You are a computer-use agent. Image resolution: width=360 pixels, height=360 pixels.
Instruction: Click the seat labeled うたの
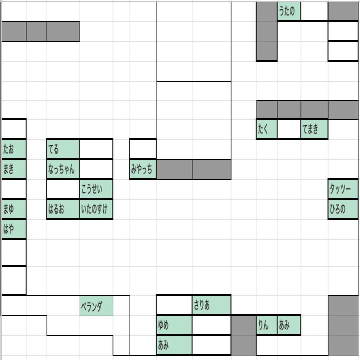[289, 11]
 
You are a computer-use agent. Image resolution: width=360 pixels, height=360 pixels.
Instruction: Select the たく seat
[267, 129]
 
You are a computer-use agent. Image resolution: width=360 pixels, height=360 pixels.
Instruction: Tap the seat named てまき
[314, 129]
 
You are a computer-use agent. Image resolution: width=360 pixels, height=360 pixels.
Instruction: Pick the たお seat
[14, 149]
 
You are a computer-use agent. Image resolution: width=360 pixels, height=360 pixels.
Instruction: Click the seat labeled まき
[14, 169]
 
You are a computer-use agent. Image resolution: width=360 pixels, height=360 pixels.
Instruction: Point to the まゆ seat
[14, 209]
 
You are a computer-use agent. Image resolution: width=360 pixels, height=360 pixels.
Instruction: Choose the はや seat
[14, 229]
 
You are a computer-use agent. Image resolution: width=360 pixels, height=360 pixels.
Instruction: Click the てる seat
[63, 149]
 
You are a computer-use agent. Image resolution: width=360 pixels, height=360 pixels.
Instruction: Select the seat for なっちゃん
[63, 169]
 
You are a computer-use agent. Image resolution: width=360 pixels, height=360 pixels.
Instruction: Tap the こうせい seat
[96, 189]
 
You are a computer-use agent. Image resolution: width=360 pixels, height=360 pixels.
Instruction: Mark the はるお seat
[63, 209]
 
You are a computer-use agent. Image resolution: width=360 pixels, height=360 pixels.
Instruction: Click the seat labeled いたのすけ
[96, 209]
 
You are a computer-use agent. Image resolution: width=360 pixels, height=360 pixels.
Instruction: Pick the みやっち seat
[143, 169]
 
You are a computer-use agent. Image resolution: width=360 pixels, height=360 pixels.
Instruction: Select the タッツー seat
[343, 189]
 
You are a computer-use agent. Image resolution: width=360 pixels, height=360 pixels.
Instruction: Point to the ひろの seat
[343, 209]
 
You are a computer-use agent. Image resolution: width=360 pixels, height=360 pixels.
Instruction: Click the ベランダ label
[96, 305]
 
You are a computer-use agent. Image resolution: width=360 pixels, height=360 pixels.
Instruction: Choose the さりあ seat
[211, 305]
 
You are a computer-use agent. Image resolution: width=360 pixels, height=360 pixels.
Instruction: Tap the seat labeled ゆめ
[174, 325]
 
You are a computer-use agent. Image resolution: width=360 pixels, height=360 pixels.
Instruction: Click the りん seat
[267, 325]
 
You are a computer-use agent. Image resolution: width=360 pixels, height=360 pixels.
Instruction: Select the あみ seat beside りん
[289, 325]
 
